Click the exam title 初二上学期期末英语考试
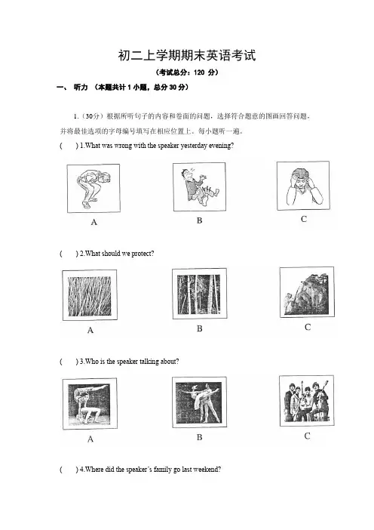point(187,55)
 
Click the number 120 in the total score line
point(199,72)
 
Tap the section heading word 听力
point(81,88)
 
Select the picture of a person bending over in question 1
point(93,188)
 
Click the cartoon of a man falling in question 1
point(200,187)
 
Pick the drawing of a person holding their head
point(303,186)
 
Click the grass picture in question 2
point(90,295)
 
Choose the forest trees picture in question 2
point(200,294)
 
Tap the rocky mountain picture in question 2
point(307,292)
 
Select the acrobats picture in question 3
point(90,404)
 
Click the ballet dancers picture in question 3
point(200,402)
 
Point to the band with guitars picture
point(306,401)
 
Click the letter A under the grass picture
point(90,330)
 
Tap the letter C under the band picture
point(307,436)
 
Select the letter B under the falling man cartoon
point(200,220)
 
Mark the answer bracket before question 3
point(69,362)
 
